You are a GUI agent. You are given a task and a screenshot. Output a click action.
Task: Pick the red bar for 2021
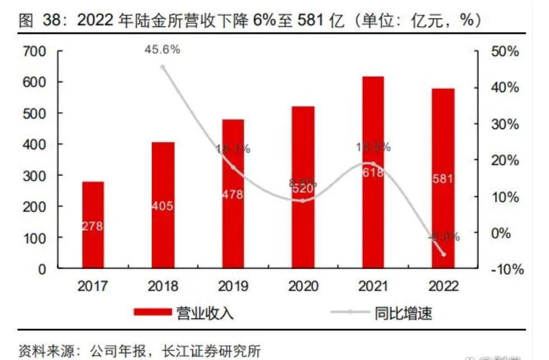coord(372,173)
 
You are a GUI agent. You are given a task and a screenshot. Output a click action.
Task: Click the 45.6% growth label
coord(162,50)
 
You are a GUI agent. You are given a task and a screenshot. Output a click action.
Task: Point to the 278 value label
coord(93,226)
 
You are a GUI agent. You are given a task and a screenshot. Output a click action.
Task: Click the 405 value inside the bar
coord(163,206)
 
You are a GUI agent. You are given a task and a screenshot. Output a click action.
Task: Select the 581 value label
coord(442,179)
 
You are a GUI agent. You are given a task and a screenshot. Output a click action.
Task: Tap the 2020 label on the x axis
coord(303,287)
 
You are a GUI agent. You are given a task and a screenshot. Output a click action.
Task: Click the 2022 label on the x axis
coord(442,287)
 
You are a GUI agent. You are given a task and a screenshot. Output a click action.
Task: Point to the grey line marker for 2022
coord(443,254)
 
